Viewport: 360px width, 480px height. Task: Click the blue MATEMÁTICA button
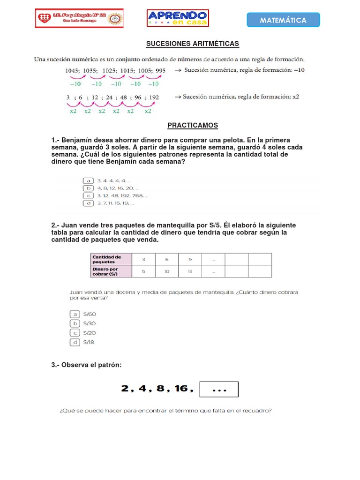283,20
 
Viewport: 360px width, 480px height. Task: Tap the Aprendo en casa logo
178,18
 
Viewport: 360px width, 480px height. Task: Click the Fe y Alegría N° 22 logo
80,18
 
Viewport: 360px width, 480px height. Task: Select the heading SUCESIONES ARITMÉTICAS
193,44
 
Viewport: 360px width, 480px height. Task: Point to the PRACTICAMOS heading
193,126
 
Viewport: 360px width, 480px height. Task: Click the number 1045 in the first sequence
73,71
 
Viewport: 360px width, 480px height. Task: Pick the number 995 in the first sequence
160,71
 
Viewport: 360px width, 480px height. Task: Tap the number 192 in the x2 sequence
153,97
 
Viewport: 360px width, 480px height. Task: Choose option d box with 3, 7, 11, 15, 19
88,203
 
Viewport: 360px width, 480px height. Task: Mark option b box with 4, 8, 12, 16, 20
88,188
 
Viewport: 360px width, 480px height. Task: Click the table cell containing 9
190,259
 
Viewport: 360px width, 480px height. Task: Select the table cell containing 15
190,271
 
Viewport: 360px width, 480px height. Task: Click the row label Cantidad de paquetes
111,259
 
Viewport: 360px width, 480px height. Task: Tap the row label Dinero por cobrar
111,271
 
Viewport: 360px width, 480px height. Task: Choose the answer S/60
90,314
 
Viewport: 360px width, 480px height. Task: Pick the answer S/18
89,342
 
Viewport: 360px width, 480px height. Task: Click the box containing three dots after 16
219,389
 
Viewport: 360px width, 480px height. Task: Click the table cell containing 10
167,271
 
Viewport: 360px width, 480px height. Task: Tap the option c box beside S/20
75,333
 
